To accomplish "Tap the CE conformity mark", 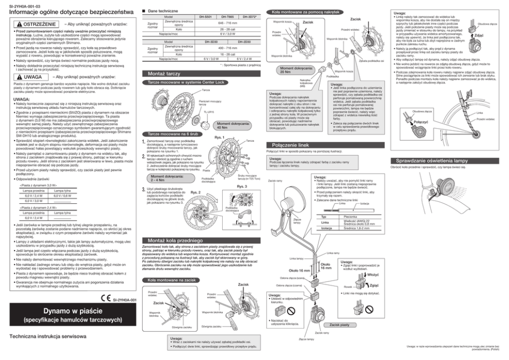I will pos(105,298).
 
